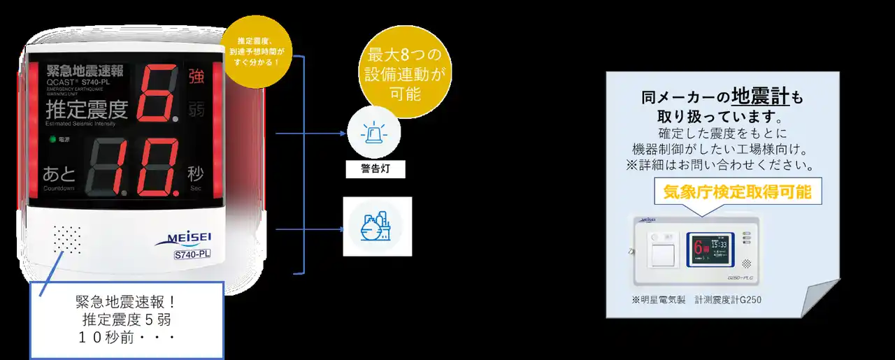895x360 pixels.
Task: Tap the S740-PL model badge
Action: click(x=192, y=254)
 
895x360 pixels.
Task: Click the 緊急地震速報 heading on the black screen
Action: click(x=85, y=71)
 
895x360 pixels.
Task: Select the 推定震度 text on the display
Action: click(x=87, y=110)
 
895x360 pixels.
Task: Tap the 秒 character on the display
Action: click(x=195, y=173)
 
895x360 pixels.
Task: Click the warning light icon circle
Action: click(x=374, y=134)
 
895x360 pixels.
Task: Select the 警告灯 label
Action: click(x=375, y=169)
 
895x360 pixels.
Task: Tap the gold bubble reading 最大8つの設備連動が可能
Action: click(x=403, y=75)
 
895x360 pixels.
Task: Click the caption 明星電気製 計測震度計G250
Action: click(x=696, y=300)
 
